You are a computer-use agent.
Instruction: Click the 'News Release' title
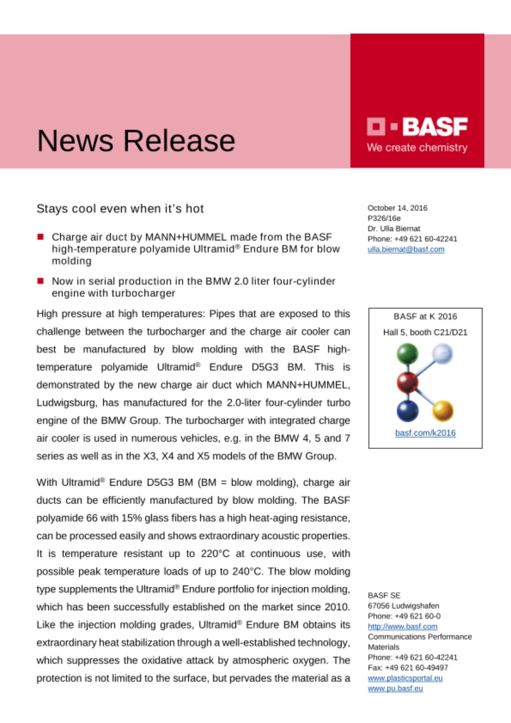coord(136,141)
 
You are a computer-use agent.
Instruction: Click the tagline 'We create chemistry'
coord(417,147)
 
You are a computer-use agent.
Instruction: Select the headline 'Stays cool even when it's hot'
coord(120,209)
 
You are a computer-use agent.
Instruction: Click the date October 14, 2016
coord(397,208)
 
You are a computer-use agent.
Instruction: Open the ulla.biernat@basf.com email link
coord(406,249)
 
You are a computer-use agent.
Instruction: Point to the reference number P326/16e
coord(384,218)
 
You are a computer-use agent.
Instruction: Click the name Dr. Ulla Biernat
coord(394,228)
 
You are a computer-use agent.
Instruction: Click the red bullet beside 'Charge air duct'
coord(40,237)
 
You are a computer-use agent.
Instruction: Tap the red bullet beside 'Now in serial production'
coord(40,281)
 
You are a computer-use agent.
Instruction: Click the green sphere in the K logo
coord(407,353)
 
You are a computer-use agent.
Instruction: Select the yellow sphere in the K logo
coord(443,411)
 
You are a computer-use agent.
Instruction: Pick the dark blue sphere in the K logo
coord(407,411)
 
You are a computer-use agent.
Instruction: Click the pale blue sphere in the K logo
coord(442,353)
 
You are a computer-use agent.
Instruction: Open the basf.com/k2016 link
coord(425,433)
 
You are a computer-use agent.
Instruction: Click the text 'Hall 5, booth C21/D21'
coord(425,332)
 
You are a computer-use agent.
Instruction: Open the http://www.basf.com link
coord(402,626)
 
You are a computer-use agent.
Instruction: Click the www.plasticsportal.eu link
coord(405,678)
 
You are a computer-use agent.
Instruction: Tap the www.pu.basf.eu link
coord(395,688)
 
